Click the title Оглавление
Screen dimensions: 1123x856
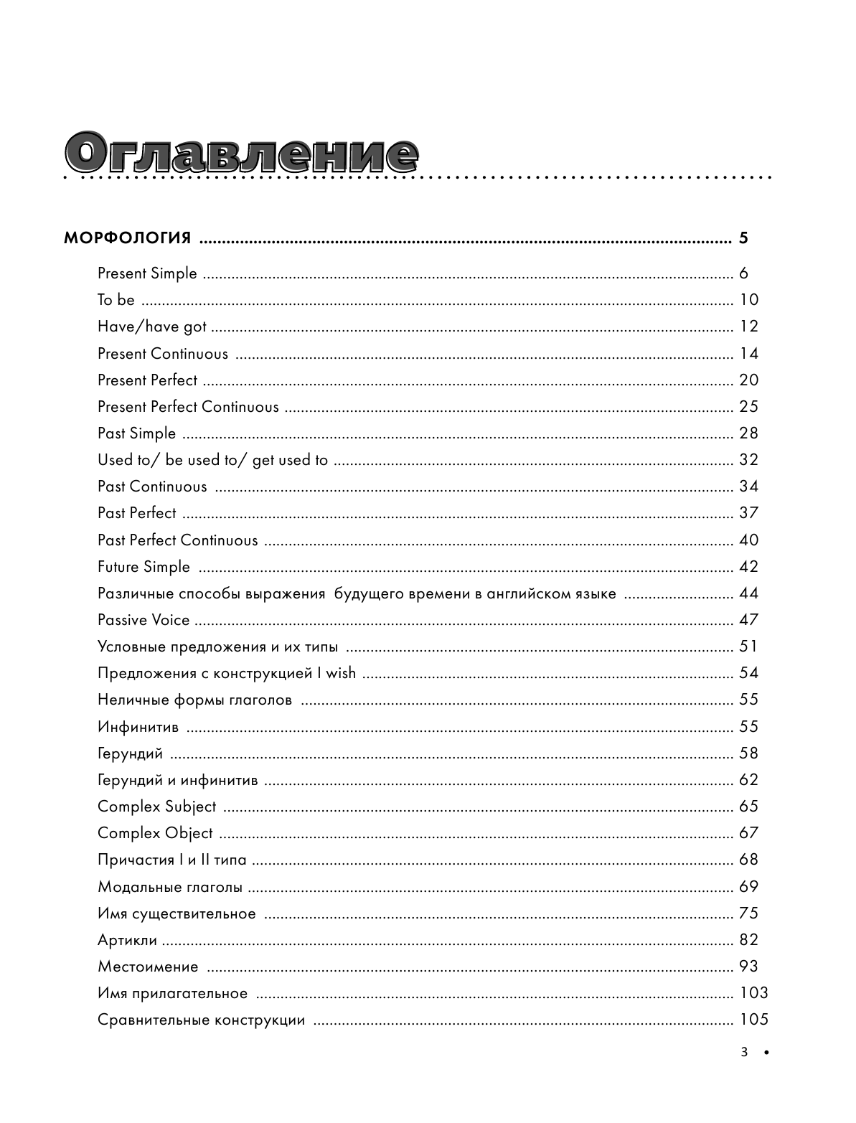pyautogui.click(x=241, y=152)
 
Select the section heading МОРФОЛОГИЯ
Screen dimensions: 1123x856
pyautogui.click(x=128, y=238)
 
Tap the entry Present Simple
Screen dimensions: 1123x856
pyautogui.click(x=147, y=273)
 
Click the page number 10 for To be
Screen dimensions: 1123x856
pyautogui.click(x=748, y=300)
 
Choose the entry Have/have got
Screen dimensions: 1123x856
pyautogui.click(x=152, y=326)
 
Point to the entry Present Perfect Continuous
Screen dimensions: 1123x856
pyautogui.click(x=188, y=407)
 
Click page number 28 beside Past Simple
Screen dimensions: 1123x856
pyautogui.click(x=748, y=433)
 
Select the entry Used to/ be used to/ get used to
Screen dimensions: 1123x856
pyautogui.click(x=212, y=460)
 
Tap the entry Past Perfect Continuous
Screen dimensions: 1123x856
pyautogui.click(x=177, y=540)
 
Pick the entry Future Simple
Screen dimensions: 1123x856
pyautogui.click(x=144, y=567)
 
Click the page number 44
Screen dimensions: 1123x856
pyautogui.click(x=748, y=593)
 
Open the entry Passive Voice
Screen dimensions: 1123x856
pyautogui.click(x=144, y=620)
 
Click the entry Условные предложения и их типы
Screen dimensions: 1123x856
pyautogui.click(x=217, y=647)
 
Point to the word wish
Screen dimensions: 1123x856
pyautogui.click(x=341, y=673)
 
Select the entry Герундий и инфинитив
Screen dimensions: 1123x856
pyautogui.click(x=177, y=780)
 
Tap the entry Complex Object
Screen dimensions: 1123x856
pyautogui.click(x=155, y=833)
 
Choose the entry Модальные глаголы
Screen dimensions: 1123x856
pyautogui.click(x=170, y=887)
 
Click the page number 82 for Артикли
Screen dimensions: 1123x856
pyautogui.click(x=748, y=940)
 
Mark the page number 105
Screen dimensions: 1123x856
pyautogui.click(x=753, y=1020)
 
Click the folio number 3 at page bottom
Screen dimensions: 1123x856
pyautogui.click(x=744, y=1053)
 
